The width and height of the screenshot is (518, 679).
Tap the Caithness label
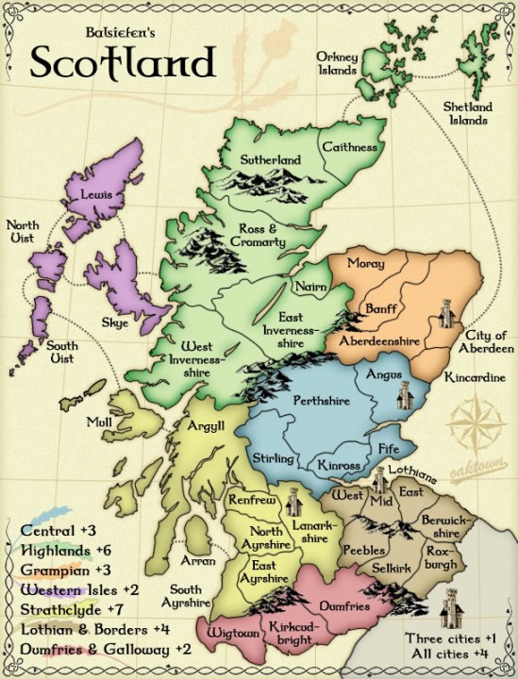click(349, 147)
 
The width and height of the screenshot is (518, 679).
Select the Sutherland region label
click(270, 160)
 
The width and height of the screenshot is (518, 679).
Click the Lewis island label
click(97, 194)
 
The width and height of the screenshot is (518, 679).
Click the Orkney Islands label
click(337, 63)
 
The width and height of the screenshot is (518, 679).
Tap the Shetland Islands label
click(467, 113)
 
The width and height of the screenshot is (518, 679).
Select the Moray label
click(365, 263)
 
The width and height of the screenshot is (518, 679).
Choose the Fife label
click(389, 448)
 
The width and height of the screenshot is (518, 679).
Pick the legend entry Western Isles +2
click(80, 589)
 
